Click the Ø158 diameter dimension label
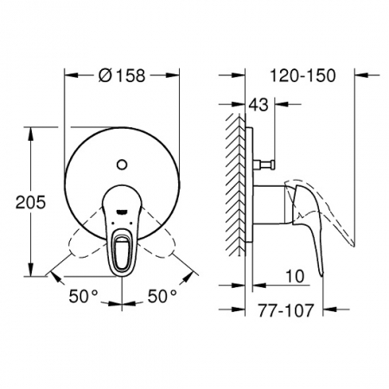tap(122, 76)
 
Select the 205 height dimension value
tap(30, 202)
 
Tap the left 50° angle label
tap(84, 296)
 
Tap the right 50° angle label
tap(163, 296)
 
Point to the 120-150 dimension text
tap(303, 76)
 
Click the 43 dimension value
tap(258, 105)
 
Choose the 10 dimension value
tap(295, 276)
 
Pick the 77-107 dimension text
tap(285, 310)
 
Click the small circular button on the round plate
tap(122, 164)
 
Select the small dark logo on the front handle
tap(122, 213)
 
